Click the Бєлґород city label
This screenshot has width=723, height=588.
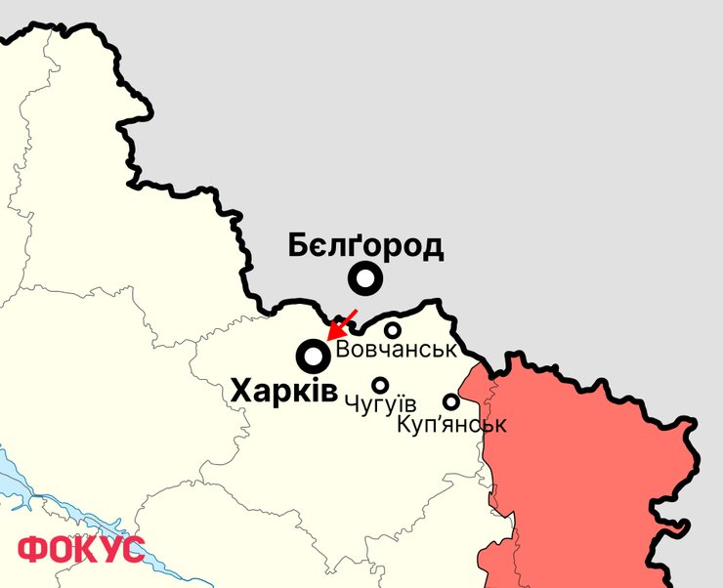[365, 246]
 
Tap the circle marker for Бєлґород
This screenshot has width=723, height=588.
[365, 280]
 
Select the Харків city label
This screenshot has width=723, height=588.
[284, 393]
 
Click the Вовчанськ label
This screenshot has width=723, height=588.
[396, 350]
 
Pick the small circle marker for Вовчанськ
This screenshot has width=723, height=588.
[392, 330]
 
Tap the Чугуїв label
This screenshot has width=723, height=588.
[381, 404]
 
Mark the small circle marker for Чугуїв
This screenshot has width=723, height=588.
[380, 385]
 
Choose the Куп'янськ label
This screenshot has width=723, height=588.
[452, 425]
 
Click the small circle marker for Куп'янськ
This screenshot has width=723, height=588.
[451, 401]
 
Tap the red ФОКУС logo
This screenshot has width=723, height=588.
[81, 549]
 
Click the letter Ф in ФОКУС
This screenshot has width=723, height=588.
[33, 549]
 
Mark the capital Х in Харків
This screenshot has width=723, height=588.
[242, 393]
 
